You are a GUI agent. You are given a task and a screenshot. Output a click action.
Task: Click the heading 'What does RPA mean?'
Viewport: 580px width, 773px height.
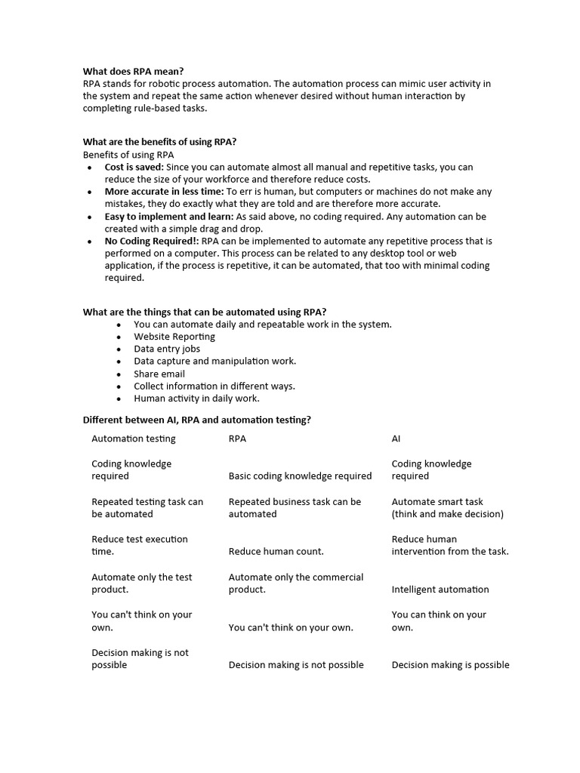click(x=133, y=71)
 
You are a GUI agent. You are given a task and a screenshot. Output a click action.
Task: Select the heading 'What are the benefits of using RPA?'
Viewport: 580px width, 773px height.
click(x=159, y=142)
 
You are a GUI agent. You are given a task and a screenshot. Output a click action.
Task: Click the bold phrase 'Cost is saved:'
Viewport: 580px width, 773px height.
click(x=134, y=167)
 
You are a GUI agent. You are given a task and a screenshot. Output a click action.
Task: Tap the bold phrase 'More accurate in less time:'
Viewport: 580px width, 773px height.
click(x=164, y=192)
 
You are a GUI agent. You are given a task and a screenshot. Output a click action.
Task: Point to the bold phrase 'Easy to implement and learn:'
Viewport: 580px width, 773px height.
click(x=168, y=217)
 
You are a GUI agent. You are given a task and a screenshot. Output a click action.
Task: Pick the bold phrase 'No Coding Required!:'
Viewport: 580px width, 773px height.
click(x=152, y=242)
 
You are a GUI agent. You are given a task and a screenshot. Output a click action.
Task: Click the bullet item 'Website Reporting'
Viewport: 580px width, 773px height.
click(x=174, y=337)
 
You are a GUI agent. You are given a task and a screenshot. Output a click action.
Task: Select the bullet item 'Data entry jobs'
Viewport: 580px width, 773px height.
click(x=167, y=349)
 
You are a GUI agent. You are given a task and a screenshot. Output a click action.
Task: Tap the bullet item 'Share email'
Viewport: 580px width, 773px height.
click(x=159, y=374)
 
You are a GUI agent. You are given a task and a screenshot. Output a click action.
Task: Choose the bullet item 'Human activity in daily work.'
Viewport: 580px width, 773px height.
click(x=196, y=398)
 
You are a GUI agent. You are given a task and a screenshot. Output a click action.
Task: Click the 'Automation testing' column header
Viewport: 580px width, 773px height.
click(x=133, y=439)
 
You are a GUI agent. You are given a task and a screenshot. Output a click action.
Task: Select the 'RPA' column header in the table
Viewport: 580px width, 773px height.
click(x=237, y=439)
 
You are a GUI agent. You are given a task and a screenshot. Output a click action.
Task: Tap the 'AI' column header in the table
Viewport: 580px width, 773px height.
click(x=396, y=439)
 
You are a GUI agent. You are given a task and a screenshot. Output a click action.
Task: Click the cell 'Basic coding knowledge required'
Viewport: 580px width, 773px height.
click(x=300, y=476)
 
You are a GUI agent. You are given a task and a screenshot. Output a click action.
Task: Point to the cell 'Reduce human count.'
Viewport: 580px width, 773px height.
click(x=276, y=552)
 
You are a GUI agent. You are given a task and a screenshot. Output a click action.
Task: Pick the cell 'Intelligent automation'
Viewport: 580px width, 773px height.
click(x=440, y=590)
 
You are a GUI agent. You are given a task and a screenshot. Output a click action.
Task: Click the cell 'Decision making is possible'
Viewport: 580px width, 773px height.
click(x=450, y=665)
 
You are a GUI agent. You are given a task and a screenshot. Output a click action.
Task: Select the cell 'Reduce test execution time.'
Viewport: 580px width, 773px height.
click(x=140, y=545)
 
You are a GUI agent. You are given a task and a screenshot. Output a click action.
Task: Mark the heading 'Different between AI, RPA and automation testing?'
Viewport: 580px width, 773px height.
click(x=196, y=420)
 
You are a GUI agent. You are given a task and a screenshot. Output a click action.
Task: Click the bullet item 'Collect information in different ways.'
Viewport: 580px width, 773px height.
click(x=214, y=386)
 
